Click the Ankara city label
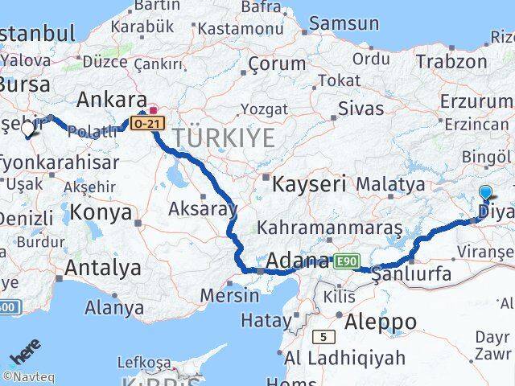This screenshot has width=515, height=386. click(x=110, y=100)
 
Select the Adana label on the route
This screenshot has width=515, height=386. click(x=297, y=261)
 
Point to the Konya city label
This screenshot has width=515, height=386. click(x=101, y=212)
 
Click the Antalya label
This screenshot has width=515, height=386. click(x=103, y=268)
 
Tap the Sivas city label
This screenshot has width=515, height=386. click(x=361, y=108)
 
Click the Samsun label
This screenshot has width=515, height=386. click(x=344, y=23)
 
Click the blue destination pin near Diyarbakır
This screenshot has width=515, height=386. click(x=485, y=192)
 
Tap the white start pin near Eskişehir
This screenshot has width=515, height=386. click(x=27, y=129)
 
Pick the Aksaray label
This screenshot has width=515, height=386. click(x=202, y=209)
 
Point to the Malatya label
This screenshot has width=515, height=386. click(x=390, y=184)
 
